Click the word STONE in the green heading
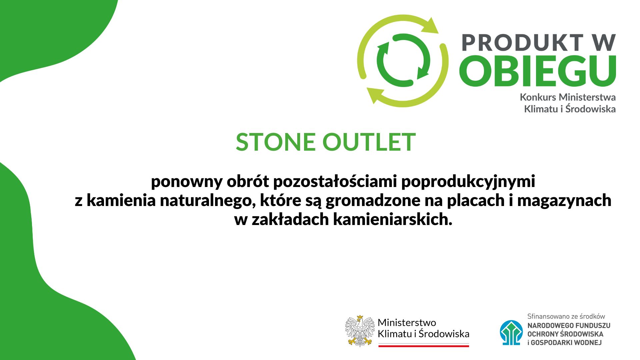tap(276, 142)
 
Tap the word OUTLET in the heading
tap(369, 142)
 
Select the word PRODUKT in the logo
tap(522, 43)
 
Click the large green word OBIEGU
tap(537, 70)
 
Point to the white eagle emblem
tap(360, 331)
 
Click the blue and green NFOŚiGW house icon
tap(511, 333)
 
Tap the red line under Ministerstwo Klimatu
tap(424, 346)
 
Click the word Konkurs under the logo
tap(538, 97)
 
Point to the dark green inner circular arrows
tap(403, 60)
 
